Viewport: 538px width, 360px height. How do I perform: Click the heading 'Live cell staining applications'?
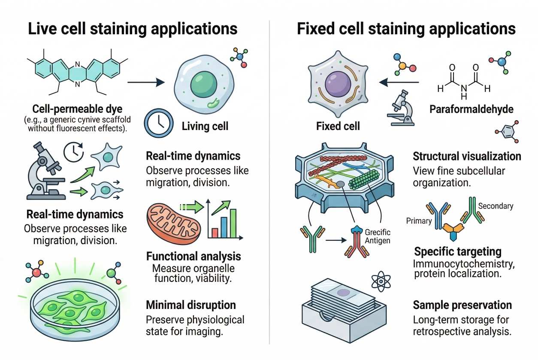click(x=133, y=29)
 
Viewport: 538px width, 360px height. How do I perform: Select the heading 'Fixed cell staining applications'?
click(x=406, y=29)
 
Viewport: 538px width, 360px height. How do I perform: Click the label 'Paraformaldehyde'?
click(x=471, y=109)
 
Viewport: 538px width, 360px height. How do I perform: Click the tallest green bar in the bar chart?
click(x=233, y=223)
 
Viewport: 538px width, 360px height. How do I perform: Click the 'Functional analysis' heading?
click(x=193, y=257)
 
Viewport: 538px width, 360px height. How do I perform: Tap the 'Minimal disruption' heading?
click(x=191, y=305)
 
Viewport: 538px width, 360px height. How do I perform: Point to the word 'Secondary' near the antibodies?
click(x=496, y=206)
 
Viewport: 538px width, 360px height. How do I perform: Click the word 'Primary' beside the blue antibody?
click(x=418, y=221)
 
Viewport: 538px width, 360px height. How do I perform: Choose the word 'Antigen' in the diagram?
click(x=378, y=240)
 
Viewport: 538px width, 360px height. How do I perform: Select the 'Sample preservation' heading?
click(x=462, y=305)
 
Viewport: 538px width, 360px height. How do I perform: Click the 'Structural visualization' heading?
click(x=467, y=156)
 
